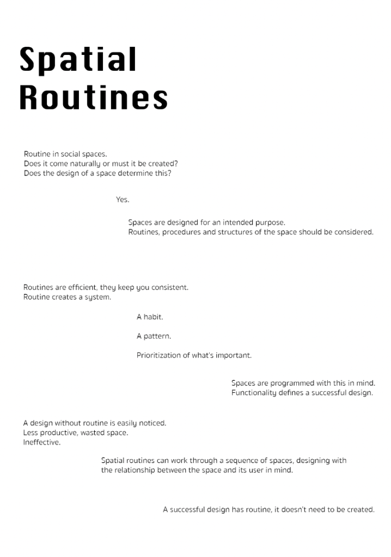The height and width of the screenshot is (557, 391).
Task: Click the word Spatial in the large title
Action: point(77,59)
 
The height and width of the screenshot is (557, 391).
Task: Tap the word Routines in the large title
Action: point(93,98)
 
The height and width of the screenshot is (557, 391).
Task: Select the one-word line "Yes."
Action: point(123,200)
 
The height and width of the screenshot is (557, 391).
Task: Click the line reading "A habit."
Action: point(150,317)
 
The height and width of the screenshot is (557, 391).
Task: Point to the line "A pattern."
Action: point(154,336)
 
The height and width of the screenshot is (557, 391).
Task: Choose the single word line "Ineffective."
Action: point(42,442)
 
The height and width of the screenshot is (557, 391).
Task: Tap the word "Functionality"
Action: point(254,393)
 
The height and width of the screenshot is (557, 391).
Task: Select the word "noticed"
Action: point(152,423)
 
